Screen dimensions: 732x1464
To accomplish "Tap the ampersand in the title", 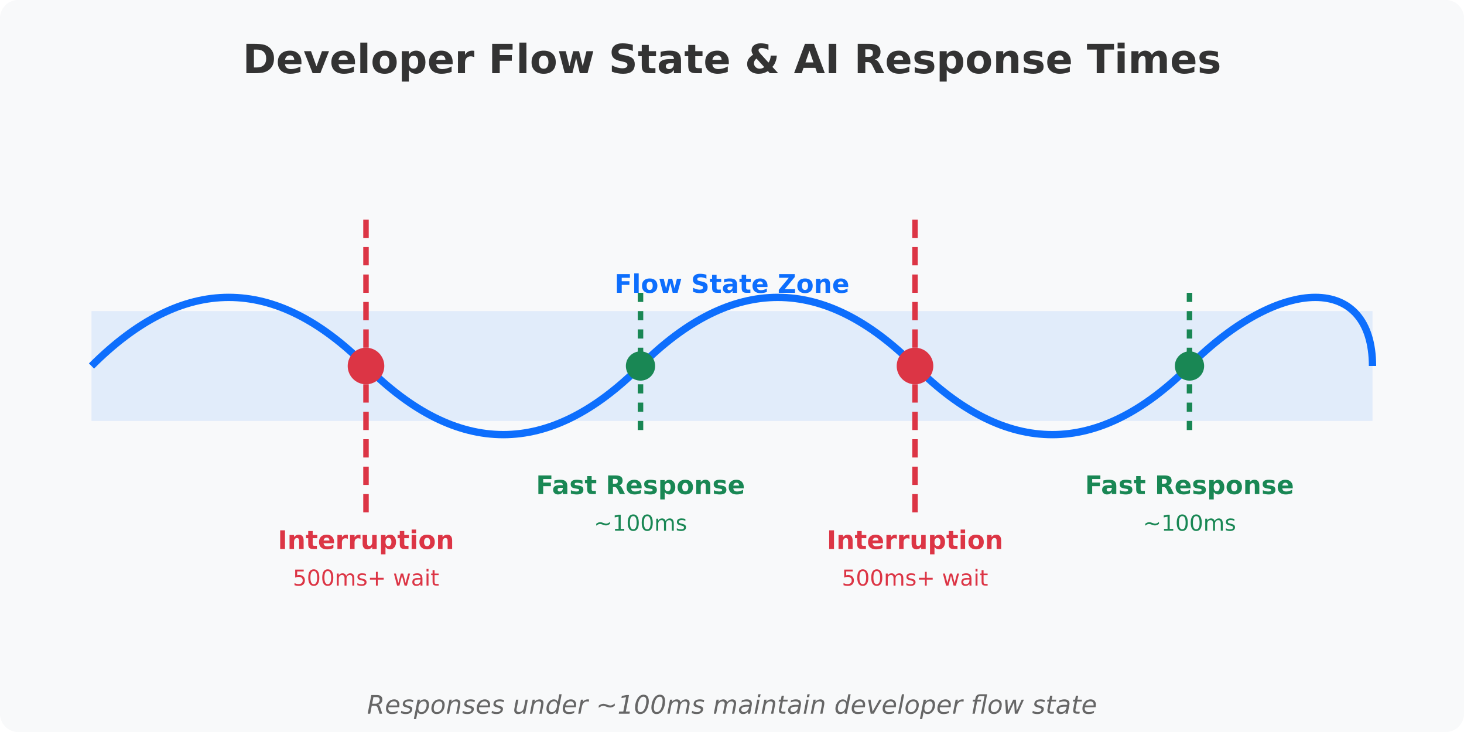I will (x=761, y=61).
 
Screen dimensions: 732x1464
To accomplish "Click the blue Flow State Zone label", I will (x=731, y=285).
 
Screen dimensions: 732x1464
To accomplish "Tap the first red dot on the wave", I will (x=366, y=366).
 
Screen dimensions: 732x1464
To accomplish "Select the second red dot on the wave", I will (x=915, y=366).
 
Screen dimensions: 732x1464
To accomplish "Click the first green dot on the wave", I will (x=640, y=366).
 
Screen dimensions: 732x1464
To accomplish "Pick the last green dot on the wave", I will (x=1189, y=366).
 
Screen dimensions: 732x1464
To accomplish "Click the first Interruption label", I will (x=366, y=541).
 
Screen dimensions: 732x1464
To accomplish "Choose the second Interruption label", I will (x=915, y=541).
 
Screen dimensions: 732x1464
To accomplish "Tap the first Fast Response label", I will (x=640, y=486).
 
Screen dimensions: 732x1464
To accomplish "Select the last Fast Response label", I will (x=1189, y=486).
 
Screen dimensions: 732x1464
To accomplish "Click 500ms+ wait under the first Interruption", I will (x=366, y=579).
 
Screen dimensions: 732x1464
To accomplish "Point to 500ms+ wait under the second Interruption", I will (x=915, y=579).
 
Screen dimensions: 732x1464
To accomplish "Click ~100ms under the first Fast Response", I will (x=640, y=524).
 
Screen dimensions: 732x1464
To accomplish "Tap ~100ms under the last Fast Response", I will (x=1189, y=524).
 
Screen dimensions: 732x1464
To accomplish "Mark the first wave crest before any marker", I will (x=228, y=297).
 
